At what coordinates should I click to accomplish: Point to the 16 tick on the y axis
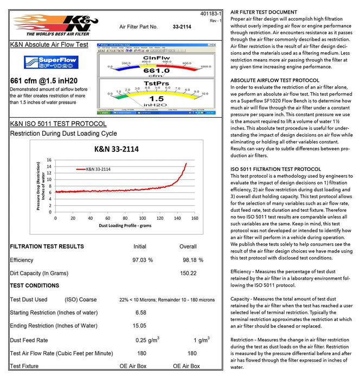[49, 160]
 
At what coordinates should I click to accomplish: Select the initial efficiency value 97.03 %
[143, 261]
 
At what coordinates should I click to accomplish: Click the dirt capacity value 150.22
[188, 273]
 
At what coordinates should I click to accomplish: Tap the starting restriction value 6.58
[140, 313]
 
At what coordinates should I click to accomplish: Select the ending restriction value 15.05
[140, 326]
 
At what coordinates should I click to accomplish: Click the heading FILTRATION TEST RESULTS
[47, 246]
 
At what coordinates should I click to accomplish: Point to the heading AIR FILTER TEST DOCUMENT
[263, 12]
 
